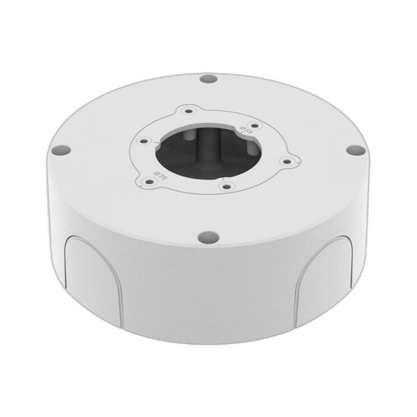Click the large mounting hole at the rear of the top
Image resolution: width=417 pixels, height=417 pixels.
coord(208,80)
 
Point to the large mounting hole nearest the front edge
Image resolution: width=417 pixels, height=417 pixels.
coord(207,237)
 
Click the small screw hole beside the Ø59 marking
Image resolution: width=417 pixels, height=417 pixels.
coord(253,124)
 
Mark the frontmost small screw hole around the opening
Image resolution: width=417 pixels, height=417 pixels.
coord(227,188)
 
